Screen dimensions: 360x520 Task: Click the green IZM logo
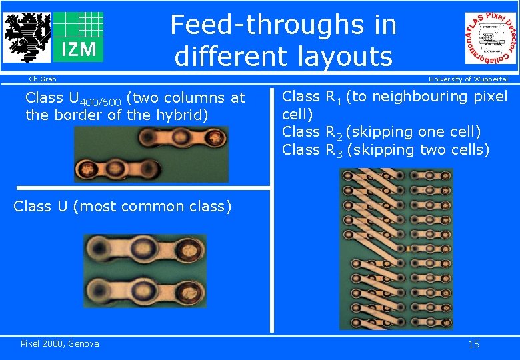coord(78,37)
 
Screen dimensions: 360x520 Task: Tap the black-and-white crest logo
coord(27,37)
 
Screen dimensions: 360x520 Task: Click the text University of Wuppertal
coord(467,79)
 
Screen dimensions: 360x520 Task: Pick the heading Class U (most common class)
coord(123,206)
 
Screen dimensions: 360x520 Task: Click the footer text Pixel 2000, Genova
coord(60,343)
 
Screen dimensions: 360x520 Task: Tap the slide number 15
coord(473,344)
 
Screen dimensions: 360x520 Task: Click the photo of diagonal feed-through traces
coord(395,248)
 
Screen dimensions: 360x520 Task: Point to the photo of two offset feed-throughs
coord(151,154)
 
